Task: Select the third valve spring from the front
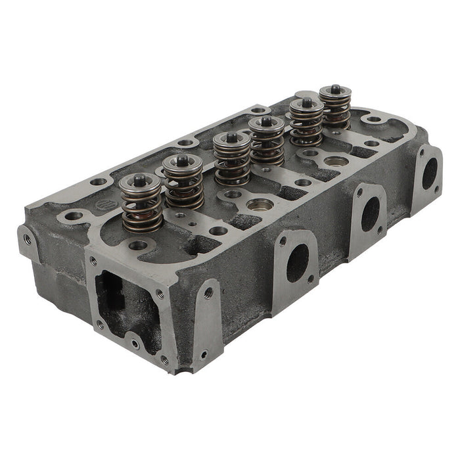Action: coord(231,161)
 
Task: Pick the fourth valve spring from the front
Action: coord(267,143)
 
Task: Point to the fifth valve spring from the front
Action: coord(306,124)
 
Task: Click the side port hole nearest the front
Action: coord(296,263)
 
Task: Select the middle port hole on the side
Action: coord(370,214)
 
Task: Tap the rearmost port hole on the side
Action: coord(429,173)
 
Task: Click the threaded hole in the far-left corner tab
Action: coord(27,238)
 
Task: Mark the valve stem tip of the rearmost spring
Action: coord(335,88)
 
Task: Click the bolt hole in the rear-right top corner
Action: coord(374,120)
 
